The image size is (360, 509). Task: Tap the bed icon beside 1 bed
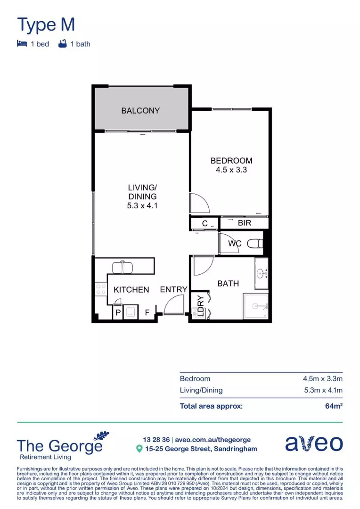[22, 44]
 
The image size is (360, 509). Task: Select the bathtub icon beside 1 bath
[62, 44]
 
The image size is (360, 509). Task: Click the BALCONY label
[140, 111]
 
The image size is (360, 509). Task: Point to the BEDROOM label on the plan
[231, 161]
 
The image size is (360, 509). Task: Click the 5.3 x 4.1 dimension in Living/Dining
[142, 205]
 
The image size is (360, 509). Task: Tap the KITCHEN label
[131, 290]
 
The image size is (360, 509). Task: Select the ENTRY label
[174, 289]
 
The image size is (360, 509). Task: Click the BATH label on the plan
[228, 284]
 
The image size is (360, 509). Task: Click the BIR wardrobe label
[245, 223]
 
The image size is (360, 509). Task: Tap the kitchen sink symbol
[123, 267]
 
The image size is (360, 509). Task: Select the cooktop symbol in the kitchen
[100, 288]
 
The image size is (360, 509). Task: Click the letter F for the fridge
[147, 312]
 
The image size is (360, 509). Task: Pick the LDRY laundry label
[200, 305]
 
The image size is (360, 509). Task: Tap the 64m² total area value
[334, 406]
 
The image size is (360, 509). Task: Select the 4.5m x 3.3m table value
[322, 378]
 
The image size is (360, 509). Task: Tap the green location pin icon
[139, 449]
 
